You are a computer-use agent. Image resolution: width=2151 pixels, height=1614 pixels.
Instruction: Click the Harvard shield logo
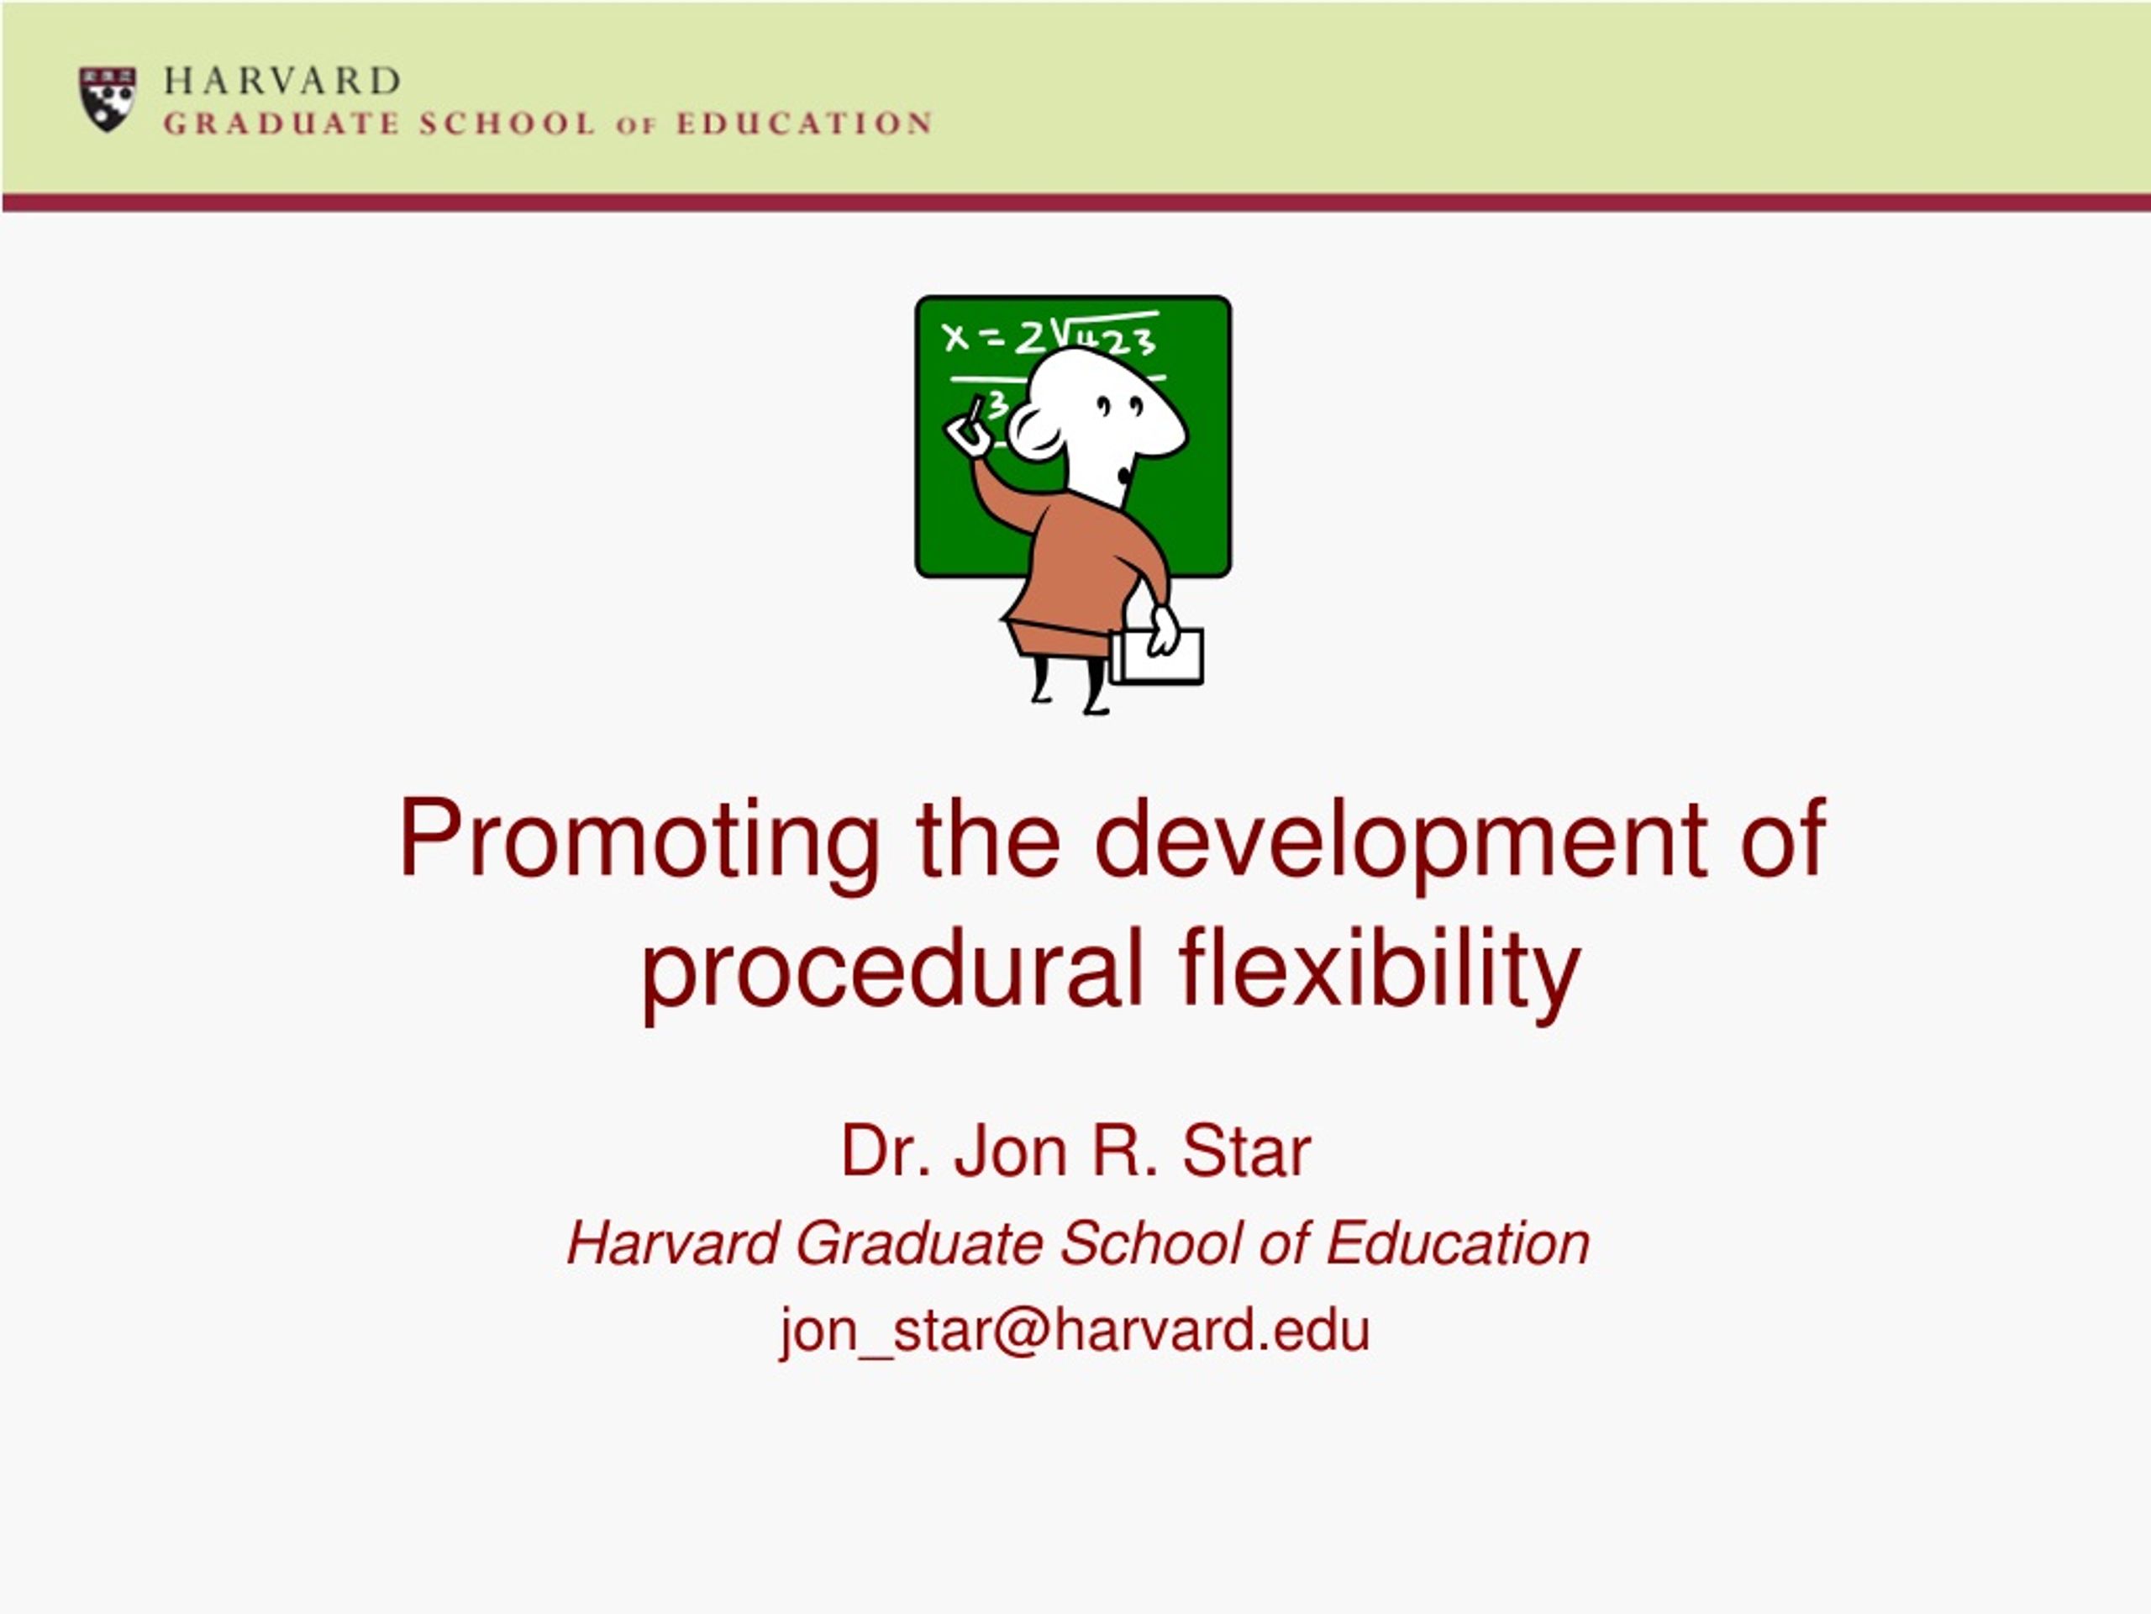click(107, 98)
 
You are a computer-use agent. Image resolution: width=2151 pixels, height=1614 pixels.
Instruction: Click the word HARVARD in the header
click(282, 81)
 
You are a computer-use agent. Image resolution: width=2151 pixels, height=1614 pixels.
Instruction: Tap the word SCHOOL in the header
click(507, 124)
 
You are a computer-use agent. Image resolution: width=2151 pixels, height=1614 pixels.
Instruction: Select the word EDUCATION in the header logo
click(804, 124)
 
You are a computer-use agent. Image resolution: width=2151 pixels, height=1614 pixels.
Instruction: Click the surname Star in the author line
click(1247, 1151)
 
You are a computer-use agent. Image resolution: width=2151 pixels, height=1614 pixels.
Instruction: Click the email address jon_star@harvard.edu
click(1075, 1330)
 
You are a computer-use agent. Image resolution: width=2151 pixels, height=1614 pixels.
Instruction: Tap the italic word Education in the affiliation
click(1458, 1243)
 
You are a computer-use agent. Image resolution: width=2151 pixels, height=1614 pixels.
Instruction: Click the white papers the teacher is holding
click(1157, 656)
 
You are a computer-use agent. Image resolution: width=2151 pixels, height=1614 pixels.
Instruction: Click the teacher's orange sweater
click(1080, 569)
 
